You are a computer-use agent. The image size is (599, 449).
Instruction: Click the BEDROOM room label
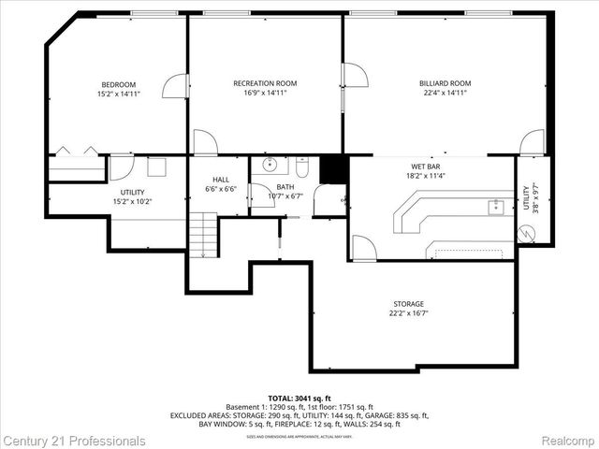coord(118,84)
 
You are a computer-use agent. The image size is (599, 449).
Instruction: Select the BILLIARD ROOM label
coord(445,83)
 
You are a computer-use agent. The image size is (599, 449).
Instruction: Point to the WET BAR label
coord(425,166)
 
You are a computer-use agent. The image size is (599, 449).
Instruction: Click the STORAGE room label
coord(408,304)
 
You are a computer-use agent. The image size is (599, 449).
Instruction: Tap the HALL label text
coord(221,179)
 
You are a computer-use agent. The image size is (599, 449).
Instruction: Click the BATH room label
coord(285,186)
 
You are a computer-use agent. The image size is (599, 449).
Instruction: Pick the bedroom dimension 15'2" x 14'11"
coord(118,94)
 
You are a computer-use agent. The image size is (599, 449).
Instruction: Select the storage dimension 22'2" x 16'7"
coord(408,314)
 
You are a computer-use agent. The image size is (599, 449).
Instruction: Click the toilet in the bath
coord(301,168)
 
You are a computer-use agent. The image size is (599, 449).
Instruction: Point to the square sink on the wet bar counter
coord(496,207)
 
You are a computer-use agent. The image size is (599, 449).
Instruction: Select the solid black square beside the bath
coord(333,169)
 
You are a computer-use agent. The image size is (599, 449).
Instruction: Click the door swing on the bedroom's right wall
coord(175,86)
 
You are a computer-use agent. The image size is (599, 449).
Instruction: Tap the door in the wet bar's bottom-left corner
coord(363,248)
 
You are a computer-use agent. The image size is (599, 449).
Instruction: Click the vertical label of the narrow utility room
coord(530,199)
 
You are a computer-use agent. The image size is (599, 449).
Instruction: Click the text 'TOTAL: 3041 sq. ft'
coord(299,398)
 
